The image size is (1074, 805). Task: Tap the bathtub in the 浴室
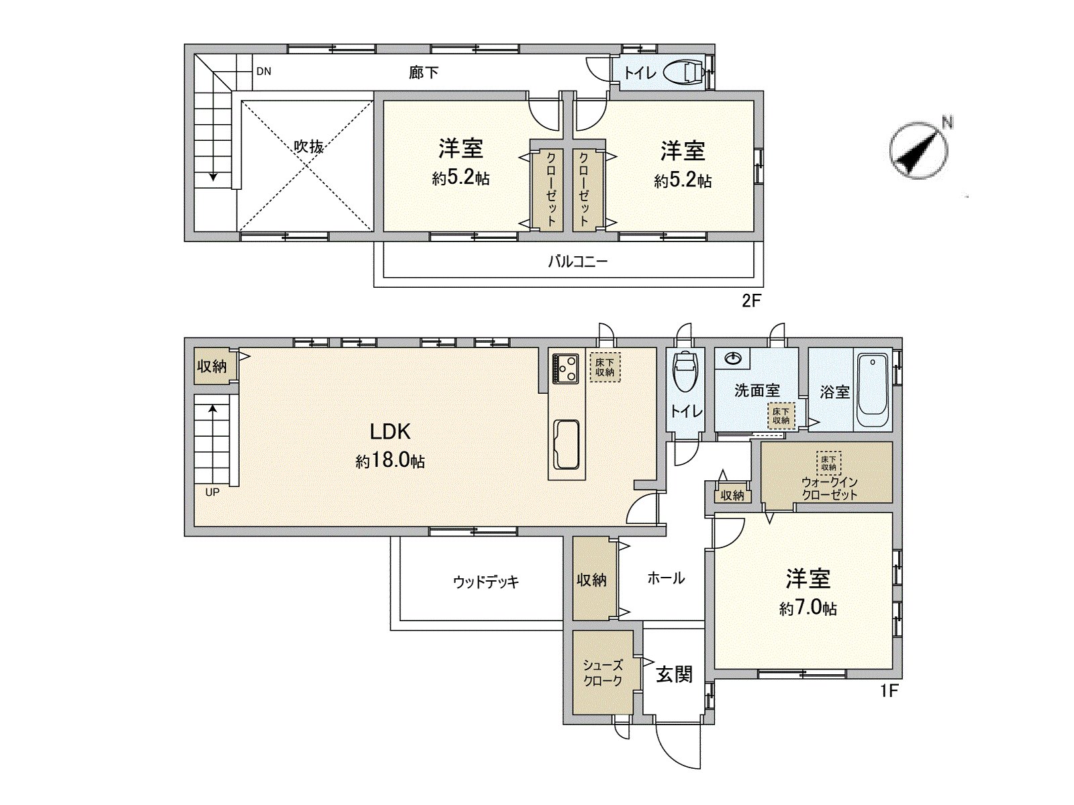click(x=873, y=389)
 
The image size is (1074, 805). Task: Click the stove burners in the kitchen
click(x=566, y=368)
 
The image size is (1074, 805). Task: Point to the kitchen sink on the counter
click(x=566, y=444)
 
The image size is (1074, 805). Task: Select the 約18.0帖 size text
click(x=390, y=461)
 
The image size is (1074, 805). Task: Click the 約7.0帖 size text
click(x=808, y=608)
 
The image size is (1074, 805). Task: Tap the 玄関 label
click(x=674, y=675)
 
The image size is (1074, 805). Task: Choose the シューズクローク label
click(x=603, y=673)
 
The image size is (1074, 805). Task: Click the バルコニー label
click(x=577, y=262)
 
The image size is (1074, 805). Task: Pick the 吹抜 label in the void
click(x=309, y=146)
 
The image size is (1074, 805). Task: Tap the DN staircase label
click(x=264, y=71)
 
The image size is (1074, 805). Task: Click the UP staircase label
click(x=212, y=492)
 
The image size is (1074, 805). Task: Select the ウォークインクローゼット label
click(x=830, y=488)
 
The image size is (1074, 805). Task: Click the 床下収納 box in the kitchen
click(x=604, y=367)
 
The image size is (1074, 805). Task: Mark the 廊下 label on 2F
click(x=424, y=73)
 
